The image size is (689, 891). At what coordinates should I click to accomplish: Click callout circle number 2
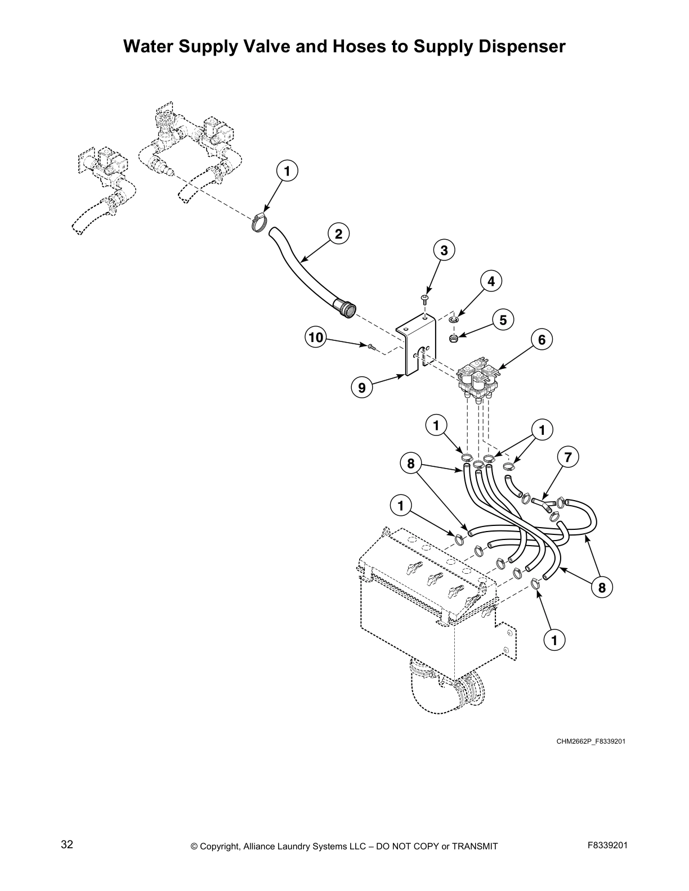pyautogui.click(x=338, y=233)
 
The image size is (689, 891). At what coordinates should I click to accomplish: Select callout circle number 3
pyautogui.click(x=444, y=250)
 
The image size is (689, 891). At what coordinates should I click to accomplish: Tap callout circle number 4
pyautogui.click(x=491, y=281)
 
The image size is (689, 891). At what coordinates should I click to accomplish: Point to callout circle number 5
pyautogui.click(x=503, y=320)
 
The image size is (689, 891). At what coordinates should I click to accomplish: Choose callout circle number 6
pyautogui.click(x=542, y=339)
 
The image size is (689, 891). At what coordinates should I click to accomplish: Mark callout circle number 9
pyautogui.click(x=361, y=387)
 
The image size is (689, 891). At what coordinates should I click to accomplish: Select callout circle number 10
pyautogui.click(x=316, y=337)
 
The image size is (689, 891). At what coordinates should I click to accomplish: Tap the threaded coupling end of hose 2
pyautogui.click(x=346, y=309)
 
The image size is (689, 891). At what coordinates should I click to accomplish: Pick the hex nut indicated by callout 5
pyautogui.click(x=454, y=338)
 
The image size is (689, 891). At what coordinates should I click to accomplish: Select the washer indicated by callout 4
pyautogui.click(x=454, y=319)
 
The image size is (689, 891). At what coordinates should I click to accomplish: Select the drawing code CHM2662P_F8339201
pyautogui.click(x=590, y=741)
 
